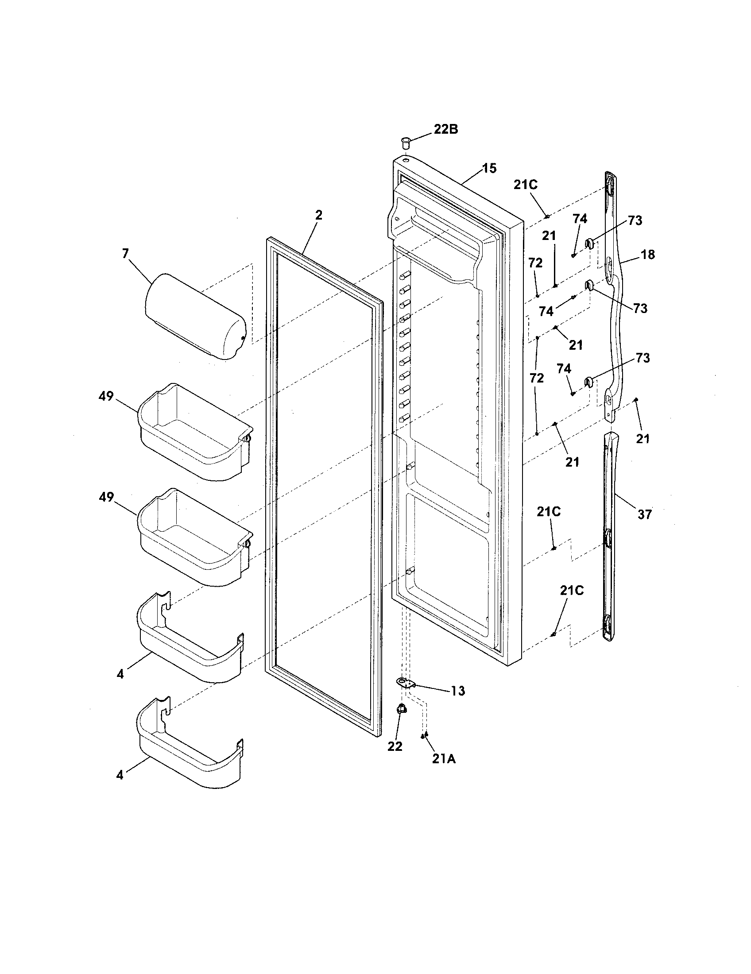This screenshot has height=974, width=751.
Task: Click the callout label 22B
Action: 445,129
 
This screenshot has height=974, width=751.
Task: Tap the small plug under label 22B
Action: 405,143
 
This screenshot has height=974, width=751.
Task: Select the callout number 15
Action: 489,168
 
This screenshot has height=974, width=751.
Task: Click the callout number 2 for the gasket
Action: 318,215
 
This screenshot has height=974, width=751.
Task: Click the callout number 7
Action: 125,253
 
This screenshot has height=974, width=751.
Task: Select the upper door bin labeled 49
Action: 195,432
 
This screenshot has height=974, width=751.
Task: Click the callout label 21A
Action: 444,758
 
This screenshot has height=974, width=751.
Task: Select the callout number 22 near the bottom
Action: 395,746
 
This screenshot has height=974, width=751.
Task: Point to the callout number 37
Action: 644,514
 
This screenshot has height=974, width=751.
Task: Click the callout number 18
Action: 648,255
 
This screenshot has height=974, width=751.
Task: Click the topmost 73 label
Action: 635,220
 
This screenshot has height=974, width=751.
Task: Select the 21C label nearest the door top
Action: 525,185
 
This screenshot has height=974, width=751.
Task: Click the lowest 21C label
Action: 572,591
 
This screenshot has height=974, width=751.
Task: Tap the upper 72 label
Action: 536,263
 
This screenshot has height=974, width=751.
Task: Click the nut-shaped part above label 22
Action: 401,708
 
